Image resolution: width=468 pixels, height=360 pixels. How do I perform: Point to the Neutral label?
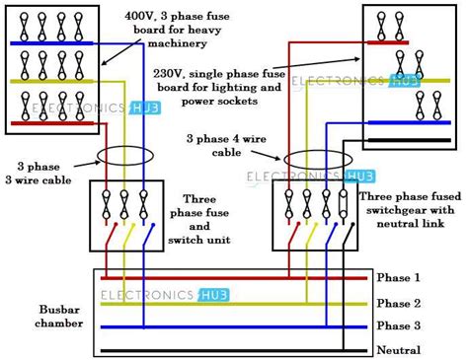(x=399, y=349)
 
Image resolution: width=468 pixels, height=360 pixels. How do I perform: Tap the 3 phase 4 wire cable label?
(x=226, y=146)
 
